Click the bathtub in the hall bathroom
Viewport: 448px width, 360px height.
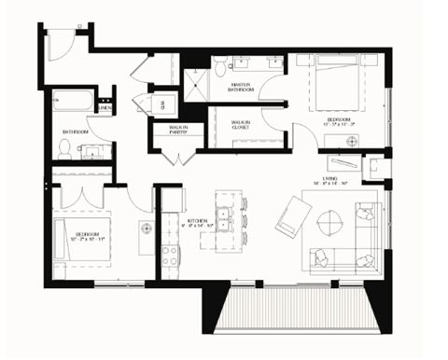point(72,101)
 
